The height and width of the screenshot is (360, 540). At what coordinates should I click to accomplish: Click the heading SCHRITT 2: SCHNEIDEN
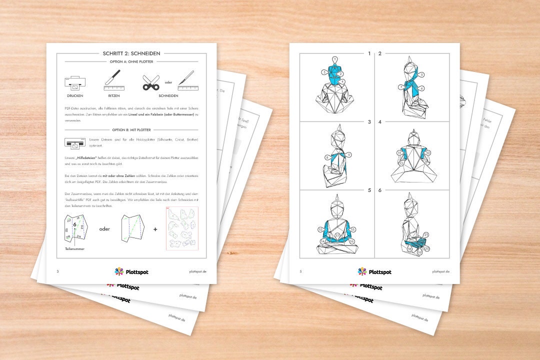point(131,53)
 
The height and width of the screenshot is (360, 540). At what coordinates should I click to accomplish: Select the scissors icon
point(150,82)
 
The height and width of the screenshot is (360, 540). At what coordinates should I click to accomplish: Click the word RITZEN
point(113,95)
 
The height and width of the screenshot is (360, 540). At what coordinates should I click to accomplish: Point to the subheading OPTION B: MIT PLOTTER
point(131,130)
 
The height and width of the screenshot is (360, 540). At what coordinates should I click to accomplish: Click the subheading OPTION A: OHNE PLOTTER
point(131,61)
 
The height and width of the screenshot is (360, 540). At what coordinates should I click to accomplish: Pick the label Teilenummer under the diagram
point(73,248)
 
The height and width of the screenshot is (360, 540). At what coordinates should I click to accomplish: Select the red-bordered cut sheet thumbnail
point(182,228)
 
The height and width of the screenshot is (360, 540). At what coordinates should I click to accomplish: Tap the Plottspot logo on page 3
point(131,271)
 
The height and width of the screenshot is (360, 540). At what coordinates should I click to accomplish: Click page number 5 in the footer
point(300,271)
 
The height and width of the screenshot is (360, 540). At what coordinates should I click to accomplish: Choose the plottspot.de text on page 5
point(440,271)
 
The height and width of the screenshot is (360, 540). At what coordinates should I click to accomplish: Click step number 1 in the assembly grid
point(369,53)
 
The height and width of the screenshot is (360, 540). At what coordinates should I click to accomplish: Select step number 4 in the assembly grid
point(380,121)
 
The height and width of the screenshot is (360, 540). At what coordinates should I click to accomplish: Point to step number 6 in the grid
point(380,190)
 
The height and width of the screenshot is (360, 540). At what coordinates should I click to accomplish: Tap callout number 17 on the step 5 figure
point(337,235)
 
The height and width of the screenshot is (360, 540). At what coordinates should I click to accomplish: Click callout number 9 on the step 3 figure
point(350,154)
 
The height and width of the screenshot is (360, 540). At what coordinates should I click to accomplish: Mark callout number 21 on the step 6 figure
point(425,234)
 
